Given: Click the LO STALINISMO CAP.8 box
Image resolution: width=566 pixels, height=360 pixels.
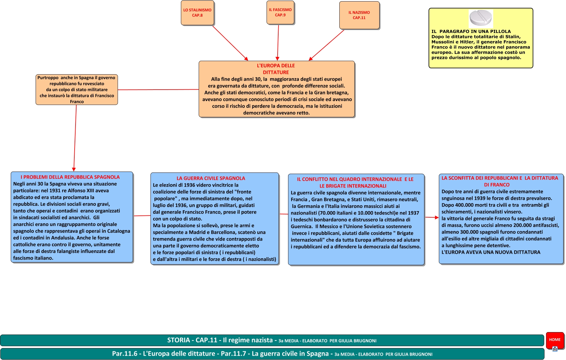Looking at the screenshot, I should click(197, 13).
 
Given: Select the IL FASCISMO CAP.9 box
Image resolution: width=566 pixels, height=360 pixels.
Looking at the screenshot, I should click(280, 13).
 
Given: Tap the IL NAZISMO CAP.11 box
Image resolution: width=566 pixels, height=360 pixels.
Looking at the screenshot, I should click(359, 15).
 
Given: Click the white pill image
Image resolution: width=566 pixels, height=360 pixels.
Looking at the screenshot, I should click(481, 18).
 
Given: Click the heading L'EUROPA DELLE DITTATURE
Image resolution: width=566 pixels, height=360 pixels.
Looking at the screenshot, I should click(276, 69).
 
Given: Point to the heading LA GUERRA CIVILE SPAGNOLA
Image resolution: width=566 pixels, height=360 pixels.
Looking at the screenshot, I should click(211, 178).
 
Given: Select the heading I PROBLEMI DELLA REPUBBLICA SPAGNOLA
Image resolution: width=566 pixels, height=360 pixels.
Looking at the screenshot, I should click(70, 177).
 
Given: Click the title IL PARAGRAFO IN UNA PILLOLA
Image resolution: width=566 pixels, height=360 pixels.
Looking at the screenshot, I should click(471, 31).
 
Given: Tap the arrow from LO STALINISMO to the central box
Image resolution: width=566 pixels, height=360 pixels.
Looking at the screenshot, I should click(230, 43).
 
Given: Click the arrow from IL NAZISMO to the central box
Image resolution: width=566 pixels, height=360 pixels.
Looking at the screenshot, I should click(326, 45).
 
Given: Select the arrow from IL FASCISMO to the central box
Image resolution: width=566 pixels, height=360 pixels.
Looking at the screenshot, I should click(278, 43).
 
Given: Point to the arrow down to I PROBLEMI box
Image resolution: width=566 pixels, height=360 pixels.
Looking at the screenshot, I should click(75, 138).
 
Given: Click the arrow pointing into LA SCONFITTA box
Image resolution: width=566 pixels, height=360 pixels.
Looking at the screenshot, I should click(432, 217).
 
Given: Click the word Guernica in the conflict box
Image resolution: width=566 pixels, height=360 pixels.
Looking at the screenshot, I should click(301, 226).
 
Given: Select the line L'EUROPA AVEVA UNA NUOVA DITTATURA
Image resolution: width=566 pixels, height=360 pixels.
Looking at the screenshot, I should click(491, 252).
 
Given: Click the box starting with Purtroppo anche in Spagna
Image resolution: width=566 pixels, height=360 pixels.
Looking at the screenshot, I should click(77, 90).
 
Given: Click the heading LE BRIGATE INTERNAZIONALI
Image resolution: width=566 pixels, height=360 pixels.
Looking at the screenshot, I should click(353, 186).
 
